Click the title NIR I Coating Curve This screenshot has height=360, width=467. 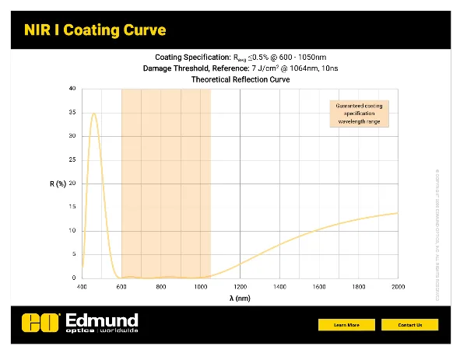[95, 30]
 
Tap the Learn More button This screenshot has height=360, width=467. [346, 324]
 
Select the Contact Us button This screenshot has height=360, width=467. [409, 324]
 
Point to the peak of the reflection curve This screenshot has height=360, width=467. [94, 114]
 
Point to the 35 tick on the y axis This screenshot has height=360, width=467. [73, 113]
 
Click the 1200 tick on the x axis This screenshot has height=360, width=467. [240, 286]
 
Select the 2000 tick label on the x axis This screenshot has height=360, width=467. [398, 286]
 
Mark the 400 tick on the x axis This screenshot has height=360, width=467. [82, 286]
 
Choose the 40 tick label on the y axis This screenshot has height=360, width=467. [73, 89]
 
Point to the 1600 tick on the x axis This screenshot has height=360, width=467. [319, 286]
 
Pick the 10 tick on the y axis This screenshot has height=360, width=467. [73, 231]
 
